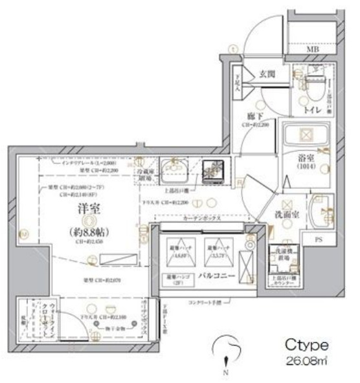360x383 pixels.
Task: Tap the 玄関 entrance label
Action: (x=269, y=74)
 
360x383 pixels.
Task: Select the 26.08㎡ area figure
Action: (x=306, y=360)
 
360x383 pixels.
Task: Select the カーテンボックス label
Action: (x=198, y=219)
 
